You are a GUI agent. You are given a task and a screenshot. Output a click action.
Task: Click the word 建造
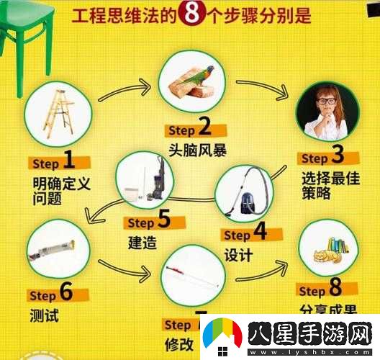(x=142, y=242)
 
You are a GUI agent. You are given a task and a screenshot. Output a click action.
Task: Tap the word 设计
(x=239, y=255)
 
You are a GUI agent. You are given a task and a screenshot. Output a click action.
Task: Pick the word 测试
(x=45, y=315)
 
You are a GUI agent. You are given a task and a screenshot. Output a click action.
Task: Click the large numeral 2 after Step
(x=204, y=130)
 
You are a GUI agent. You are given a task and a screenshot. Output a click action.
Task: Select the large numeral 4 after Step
(x=259, y=233)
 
